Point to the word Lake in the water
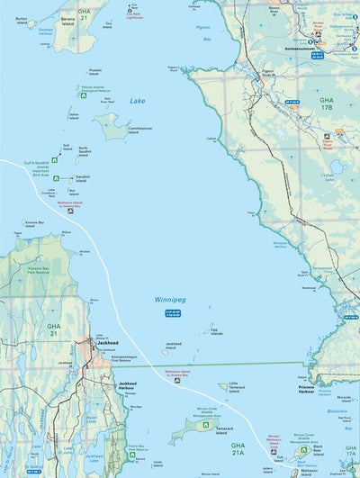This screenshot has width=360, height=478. [x=137, y=101]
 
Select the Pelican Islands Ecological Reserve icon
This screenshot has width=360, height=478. [x=75, y=89]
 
